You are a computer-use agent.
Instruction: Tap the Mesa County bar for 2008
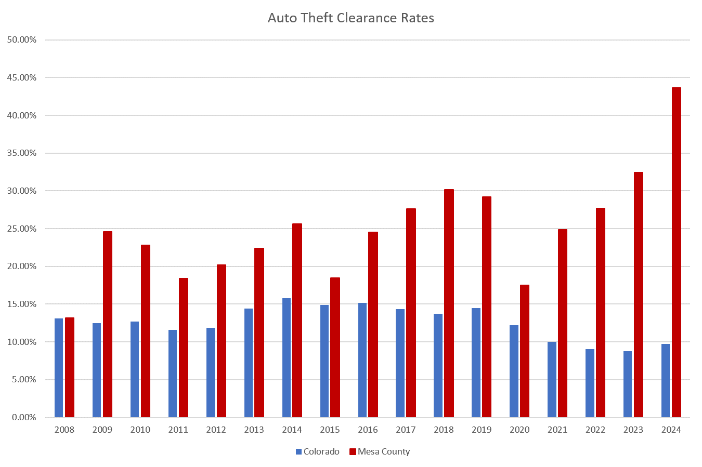click(70, 367)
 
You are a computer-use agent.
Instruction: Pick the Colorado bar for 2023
click(628, 384)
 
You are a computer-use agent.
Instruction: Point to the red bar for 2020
click(524, 351)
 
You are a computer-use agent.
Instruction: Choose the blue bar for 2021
click(552, 379)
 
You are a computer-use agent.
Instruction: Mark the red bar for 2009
click(108, 324)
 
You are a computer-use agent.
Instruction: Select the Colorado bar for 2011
click(173, 373)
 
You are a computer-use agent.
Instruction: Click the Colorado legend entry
click(318, 451)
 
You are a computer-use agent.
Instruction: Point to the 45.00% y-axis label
click(22, 78)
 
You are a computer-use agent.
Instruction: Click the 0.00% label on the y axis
click(24, 418)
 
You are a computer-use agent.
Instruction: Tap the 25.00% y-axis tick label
click(22, 229)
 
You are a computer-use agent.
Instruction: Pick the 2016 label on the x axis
click(368, 430)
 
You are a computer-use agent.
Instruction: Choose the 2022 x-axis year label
click(595, 430)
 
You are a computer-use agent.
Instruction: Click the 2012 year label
click(216, 430)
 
